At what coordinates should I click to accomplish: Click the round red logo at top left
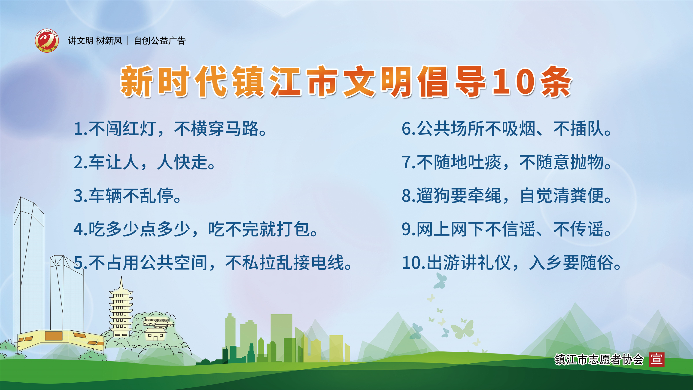coord(47,41)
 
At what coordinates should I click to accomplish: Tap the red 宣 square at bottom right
coord(657,359)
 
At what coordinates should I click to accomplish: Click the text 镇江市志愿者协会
coord(599,359)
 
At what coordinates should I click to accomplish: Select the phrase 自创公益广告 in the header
coord(160,41)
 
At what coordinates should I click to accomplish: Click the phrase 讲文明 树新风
coord(95,41)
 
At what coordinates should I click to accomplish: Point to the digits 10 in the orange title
coord(513,82)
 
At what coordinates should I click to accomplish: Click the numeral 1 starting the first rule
coord(78,129)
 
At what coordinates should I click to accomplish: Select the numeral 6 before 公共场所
coord(406,129)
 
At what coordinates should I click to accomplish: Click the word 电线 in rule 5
coord(327,263)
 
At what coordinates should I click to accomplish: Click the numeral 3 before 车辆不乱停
coord(78,196)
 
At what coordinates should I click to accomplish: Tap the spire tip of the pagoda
coord(121,276)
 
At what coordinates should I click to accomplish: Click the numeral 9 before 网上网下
coord(406,229)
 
